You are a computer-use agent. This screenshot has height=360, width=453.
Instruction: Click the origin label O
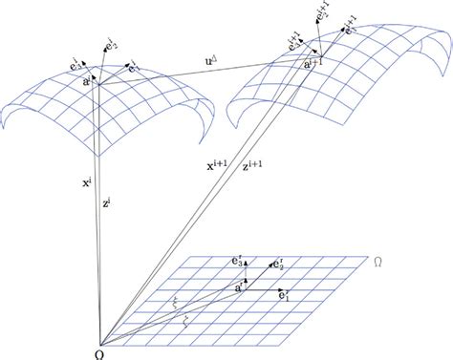click(x=98, y=351)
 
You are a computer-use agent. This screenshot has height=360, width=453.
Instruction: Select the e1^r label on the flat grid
click(x=286, y=297)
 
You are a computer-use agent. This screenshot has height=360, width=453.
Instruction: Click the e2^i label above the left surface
click(x=111, y=42)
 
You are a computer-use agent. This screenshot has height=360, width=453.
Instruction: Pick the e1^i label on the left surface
click(x=134, y=68)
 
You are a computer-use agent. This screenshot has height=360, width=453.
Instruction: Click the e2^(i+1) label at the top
click(x=323, y=13)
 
